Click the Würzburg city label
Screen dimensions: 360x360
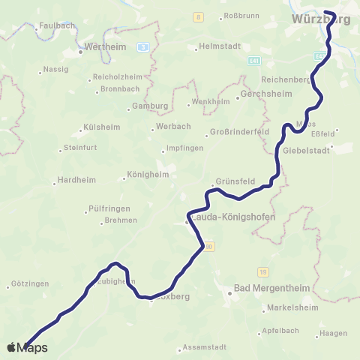[320, 19]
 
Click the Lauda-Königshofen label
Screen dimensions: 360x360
[233, 218]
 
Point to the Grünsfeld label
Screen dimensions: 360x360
[232, 181]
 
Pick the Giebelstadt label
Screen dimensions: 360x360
[308, 149]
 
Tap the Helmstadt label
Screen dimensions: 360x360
[220, 46]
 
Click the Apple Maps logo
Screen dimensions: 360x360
[28, 347]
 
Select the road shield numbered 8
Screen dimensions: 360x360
[198, 16]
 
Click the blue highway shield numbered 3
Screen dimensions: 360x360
[142, 46]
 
